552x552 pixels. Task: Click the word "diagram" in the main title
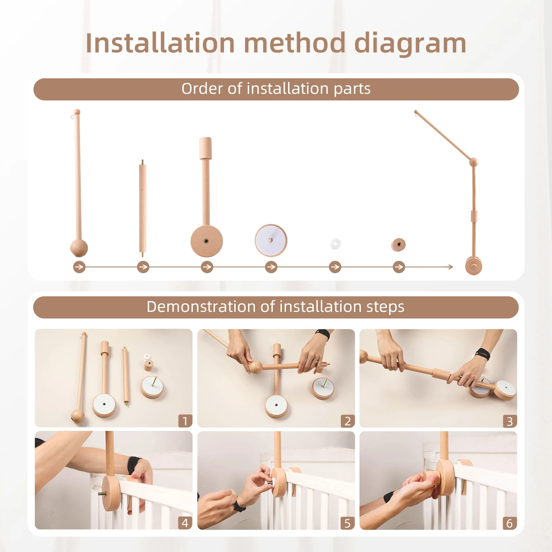[x=410, y=44]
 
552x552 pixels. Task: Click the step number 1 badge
[x=185, y=421]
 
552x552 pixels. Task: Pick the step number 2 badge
[x=347, y=421]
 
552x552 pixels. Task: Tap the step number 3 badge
[x=510, y=421]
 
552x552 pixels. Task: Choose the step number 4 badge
[x=185, y=523]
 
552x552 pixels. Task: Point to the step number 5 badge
[x=347, y=523]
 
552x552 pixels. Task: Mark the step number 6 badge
[x=510, y=523]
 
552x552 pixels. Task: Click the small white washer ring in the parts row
[x=335, y=244]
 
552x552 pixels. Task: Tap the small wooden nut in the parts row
[x=398, y=245]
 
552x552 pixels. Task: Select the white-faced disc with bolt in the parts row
[x=271, y=240]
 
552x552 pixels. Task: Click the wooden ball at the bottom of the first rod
[x=79, y=248]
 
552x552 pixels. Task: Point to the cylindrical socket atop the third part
[x=205, y=148]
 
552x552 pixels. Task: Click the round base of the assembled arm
[x=474, y=266]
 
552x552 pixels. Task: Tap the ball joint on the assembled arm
[x=474, y=161]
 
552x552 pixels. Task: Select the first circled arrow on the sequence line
[x=79, y=267]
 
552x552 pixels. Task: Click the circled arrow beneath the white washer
[x=335, y=267]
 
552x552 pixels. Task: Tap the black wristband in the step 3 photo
[x=482, y=354]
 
